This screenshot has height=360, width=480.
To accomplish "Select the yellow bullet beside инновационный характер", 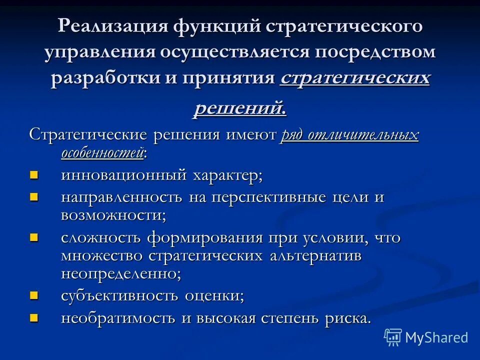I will coord(34,174).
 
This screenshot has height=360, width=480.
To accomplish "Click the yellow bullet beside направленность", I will coord(34,196).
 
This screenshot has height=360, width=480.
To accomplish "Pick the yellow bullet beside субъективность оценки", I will coord(34,294).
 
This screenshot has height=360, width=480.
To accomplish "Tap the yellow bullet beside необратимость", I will coord(34,317).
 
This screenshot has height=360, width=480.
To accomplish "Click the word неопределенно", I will coord(120,273).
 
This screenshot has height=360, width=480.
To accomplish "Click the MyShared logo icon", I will coord(393,337).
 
